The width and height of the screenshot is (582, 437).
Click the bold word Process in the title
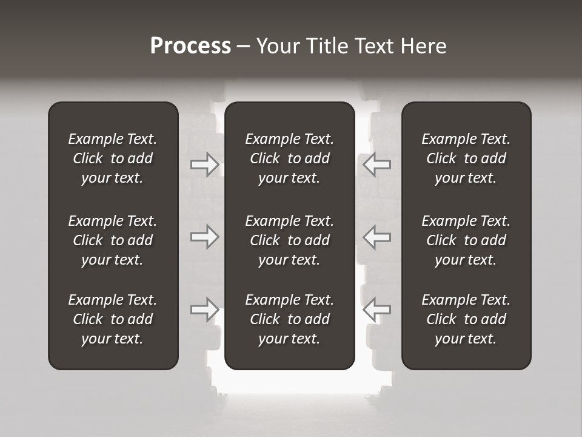click(190, 46)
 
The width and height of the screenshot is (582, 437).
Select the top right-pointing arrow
click(205, 164)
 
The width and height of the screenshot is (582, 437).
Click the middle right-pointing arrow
click(205, 236)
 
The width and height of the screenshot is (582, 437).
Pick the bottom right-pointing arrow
click(205, 310)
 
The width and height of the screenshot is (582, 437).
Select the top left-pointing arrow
click(376, 164)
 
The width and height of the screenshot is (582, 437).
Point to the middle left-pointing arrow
click(376, 236)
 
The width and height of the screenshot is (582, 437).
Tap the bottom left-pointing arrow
click(376, 310)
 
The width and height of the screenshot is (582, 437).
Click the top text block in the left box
click(113, 158)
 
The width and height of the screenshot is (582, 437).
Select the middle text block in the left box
click(113, 240)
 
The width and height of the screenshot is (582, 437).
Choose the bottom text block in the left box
click(113, 319)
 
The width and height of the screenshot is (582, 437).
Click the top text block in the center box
click(289, 158)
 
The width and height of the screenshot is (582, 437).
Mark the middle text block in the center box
click(289, 240)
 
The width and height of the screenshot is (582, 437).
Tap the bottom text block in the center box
click(289, 319)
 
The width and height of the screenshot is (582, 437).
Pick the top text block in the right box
click(466, 158)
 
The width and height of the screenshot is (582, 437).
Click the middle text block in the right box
click(466, 240)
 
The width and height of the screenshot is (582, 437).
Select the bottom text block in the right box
click(466, 319)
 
